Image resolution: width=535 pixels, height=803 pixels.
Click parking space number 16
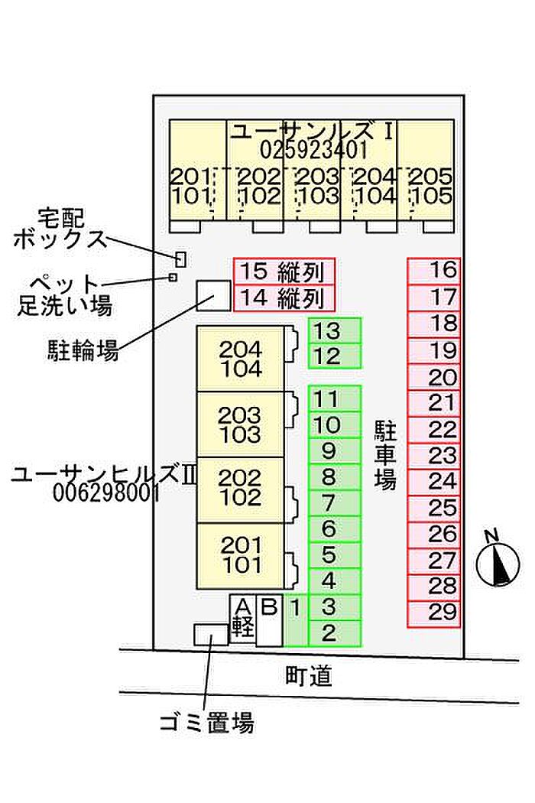[x=433, y=270]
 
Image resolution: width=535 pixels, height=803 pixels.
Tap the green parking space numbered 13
[x=334, y=330]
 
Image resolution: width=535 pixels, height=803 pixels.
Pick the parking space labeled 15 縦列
[x=284, y=271]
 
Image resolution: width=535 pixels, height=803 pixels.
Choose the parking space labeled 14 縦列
[x=284, y=297]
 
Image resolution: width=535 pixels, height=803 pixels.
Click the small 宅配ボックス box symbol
[x=180, y=258]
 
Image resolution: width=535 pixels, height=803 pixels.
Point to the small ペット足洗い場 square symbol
[x=173, y=277]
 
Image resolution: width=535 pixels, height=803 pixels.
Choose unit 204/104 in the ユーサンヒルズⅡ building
[x=240, y=359]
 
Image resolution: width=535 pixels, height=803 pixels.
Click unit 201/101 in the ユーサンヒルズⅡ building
[x=240, y=556]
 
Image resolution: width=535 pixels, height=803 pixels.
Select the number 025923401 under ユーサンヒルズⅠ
[x=314, y=148]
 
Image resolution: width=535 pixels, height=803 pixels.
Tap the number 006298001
[x=106, y=494]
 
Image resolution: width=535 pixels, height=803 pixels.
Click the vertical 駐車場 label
[x=384, y=457]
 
